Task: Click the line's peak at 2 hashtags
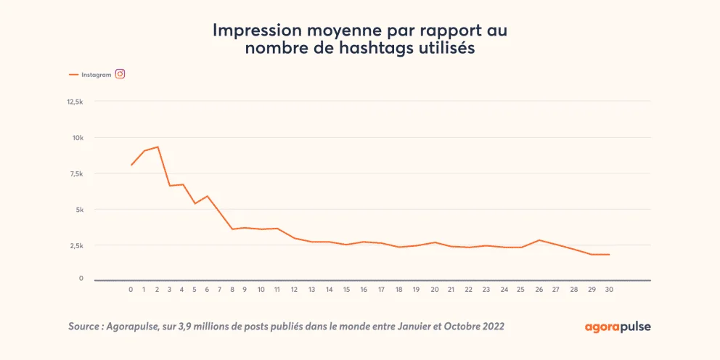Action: point(157,147)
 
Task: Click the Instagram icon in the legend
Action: point(120,73)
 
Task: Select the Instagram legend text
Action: point(96,74)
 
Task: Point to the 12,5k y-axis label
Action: point(75,102)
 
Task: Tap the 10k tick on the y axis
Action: point(78,138)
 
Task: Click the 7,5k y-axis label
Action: point(76,173)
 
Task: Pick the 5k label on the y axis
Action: point(79,210)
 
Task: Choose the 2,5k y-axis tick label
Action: point(76,245)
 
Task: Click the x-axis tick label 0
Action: point(131,290)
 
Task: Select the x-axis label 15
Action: point(346,290)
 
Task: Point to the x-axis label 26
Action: point(539,290)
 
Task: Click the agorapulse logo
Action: point(618,327)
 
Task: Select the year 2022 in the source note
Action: point(491,327)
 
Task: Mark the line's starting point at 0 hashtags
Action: point(131,165)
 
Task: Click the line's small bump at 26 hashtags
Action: point(539,240)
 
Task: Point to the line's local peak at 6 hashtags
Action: point(208,196)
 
